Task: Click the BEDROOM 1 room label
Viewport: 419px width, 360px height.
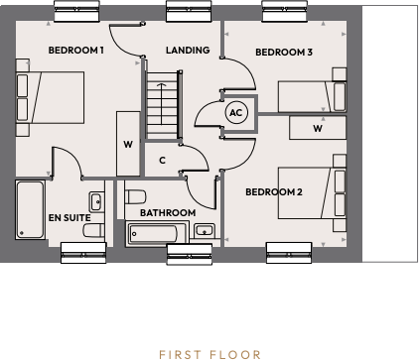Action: coord(76,51)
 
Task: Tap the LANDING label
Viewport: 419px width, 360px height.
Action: coord(187,50)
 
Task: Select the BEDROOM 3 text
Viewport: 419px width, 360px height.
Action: coord(284,52)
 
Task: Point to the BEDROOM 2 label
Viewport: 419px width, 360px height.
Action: coord(273,191)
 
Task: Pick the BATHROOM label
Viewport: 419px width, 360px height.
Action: coord(167,212)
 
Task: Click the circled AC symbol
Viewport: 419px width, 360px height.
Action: coord(235,113)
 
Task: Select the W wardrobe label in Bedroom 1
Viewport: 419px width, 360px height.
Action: coord(128,145)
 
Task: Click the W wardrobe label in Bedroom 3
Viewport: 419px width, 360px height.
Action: coord(318,128)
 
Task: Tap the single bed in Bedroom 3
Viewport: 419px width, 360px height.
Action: coord(312,97)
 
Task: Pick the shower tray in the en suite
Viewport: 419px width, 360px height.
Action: coord(30,209)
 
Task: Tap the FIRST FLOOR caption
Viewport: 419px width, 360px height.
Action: coord(209,353)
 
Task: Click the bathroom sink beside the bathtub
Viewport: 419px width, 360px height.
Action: coord(205,232)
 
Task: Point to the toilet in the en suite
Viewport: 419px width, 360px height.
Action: coord(95,230)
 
